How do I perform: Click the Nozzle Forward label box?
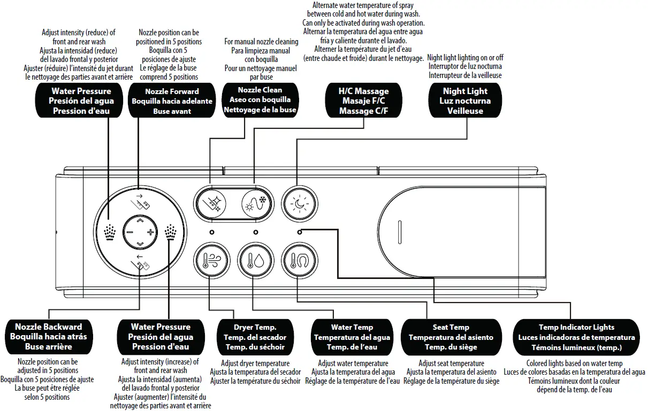pyautogui.click(x=172, y=101)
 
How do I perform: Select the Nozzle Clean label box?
pyautogui.click(x=260, y=100)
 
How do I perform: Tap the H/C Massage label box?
pyautogui.click(x=364, y=101)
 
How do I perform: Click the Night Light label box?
pyautogui.click(x=465, y=101)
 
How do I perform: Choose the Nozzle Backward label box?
pyautogui.click(x=48, y=337)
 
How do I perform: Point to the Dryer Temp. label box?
pyautogui.click(x=255, y=337)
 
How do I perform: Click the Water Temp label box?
pyautogui.click(x=352, y=337)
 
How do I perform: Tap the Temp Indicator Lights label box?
pyautogui.click(x=576, y=337)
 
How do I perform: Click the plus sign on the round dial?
pyautogui.click(x=151, y=232)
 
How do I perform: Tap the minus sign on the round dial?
pyautogui.click(x=129, y=232)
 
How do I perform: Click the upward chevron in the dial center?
pyautogui.click(x=140, y=220)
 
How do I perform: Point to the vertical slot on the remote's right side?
pyautogui.click(x=399, y=232)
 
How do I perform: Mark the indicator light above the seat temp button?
pyautogui.click(x=299, y=232)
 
